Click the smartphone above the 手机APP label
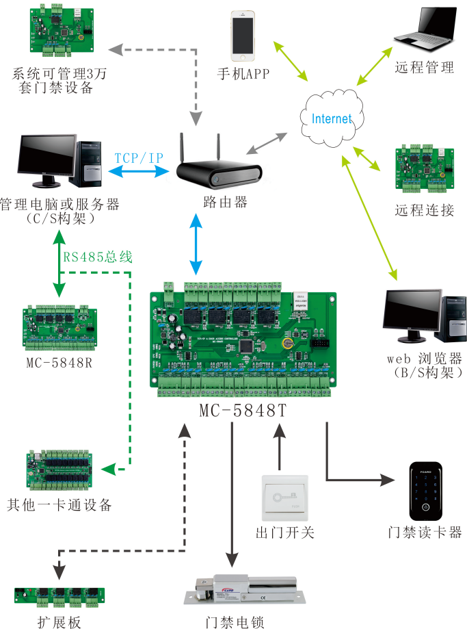pos(244,35)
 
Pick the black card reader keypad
pos(425,492)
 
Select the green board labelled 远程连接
pos(424,168)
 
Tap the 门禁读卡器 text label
pos(424,532)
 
